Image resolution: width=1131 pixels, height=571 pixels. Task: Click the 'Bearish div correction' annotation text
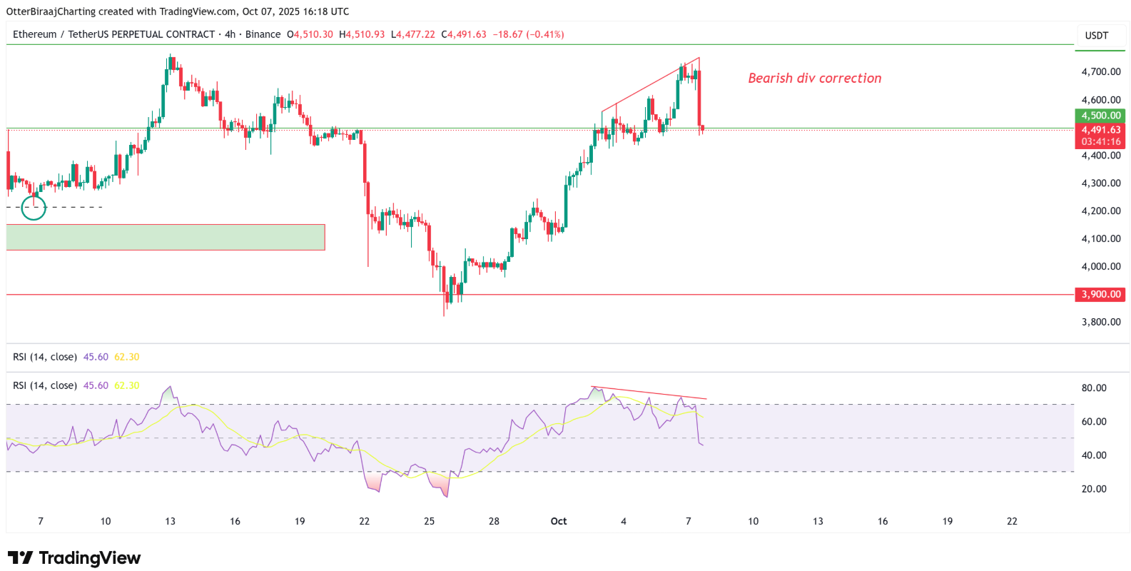814,79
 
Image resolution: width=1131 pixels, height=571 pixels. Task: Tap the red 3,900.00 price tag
1100,294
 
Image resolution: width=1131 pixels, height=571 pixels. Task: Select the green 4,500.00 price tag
1100,116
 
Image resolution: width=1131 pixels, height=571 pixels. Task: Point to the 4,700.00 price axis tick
1100,72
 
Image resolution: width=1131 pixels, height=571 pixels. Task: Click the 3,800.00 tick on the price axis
1100,322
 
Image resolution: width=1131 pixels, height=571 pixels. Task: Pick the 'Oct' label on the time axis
559,521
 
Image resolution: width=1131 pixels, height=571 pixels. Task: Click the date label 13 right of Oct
818,521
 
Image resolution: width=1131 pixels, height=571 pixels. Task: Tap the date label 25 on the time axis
429,521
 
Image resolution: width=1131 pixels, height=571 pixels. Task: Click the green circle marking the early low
34,208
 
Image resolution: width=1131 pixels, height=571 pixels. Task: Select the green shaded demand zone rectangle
166,237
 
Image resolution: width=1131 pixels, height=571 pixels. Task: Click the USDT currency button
1097,36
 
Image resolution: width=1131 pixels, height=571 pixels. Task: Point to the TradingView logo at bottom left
74,557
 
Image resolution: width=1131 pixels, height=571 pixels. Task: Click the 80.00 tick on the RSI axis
1094,388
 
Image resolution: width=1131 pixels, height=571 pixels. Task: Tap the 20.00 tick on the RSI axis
1094,489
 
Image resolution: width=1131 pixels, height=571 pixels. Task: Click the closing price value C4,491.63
464,34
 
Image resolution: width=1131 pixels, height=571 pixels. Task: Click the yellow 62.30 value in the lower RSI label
127,385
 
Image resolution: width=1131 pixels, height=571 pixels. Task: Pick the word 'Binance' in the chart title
263,34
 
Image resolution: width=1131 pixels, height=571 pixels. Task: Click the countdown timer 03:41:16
1100,142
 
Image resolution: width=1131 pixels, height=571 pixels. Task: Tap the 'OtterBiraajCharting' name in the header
50,11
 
